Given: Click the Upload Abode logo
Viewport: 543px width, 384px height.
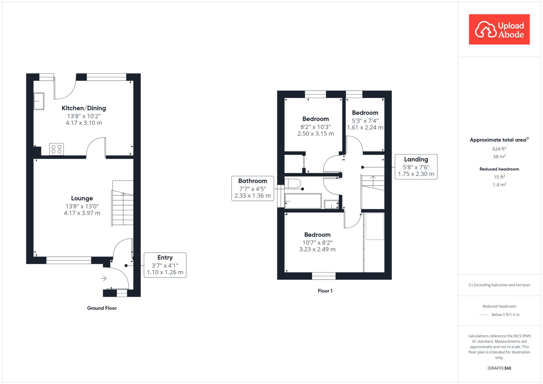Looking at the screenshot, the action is click(499, 29).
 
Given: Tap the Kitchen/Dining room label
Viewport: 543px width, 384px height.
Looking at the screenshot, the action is click(84, 108).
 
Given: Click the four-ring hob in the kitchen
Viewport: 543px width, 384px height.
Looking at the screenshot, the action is click(56, 149).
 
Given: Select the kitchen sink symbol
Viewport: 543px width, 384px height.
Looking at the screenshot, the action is click(39, 101).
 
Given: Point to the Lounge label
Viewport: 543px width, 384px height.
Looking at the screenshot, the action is click(82, 198).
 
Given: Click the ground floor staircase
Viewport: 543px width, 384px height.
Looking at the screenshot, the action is click(122, 208).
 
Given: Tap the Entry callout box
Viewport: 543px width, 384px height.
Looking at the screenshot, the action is click(165, 265).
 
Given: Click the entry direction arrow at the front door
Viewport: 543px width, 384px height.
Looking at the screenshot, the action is click(104, 278).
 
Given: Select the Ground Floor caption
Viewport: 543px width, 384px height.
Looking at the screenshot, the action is click(102, 308).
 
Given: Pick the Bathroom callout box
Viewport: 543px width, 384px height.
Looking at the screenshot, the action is click(253, 188).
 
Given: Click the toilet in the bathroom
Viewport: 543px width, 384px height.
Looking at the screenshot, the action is click(293, 183).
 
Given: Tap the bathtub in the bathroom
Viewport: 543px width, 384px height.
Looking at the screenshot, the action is click(303, 201).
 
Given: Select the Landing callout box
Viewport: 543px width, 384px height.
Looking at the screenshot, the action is click(416, 167).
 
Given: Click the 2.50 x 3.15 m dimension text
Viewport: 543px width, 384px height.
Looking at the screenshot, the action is click(316, 134).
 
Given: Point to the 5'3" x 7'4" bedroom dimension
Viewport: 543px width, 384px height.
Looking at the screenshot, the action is click(365, 121).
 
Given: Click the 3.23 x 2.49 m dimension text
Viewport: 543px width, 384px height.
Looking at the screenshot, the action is click(317, 249).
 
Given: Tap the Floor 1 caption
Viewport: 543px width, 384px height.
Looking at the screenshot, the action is click(325, 291).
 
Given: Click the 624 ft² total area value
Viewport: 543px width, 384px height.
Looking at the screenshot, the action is click(499, 149).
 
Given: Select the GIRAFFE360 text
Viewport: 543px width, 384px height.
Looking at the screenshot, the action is click(499, 368).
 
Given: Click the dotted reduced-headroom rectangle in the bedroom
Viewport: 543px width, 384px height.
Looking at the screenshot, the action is click(375, 226).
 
